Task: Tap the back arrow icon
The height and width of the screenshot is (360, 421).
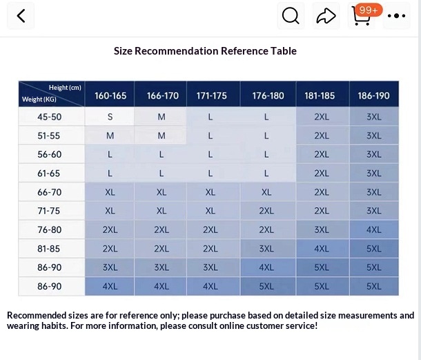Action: [21, 16]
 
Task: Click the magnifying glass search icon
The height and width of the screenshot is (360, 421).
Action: [291, 16]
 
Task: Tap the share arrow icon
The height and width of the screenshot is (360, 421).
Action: [326, 16]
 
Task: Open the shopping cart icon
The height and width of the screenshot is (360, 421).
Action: [361, 17]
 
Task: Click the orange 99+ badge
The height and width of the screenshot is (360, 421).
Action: [369, 10]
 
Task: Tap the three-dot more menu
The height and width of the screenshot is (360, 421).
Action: [397, 16]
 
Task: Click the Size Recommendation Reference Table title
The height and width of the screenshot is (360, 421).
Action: [205, 50]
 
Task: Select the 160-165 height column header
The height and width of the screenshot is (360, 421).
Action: [110, 95]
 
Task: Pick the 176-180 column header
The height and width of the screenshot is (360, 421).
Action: [268, 95]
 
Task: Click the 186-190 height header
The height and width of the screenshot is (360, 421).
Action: [374, 95]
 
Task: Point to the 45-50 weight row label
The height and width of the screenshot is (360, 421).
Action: [50, 117]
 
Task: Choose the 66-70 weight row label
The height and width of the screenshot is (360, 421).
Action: [50, 192]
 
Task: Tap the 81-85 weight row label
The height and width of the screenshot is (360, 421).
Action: [50, 249]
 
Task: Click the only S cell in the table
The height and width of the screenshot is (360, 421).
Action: [110, 117]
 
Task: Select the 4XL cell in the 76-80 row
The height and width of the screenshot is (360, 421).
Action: [374, 229]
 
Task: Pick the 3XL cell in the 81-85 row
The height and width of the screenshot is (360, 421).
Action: [267, 249]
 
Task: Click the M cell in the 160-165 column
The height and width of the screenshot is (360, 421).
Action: [110, 135]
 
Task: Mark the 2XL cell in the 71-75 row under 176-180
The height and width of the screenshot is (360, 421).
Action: [267, 211]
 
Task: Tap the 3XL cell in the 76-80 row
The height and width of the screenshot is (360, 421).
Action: [322, 229]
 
